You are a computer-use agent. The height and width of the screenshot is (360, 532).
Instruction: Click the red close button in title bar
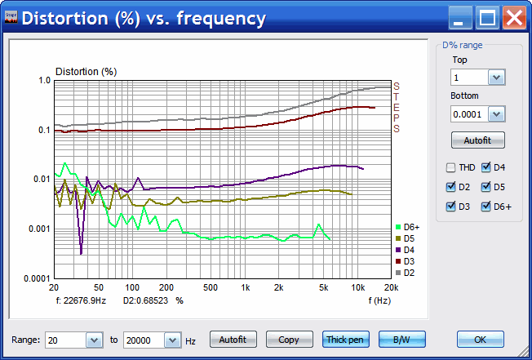pyautogui.click(x=513, y=17)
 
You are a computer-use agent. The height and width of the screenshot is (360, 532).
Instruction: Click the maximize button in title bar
pyautogui.click(x=488, y=17)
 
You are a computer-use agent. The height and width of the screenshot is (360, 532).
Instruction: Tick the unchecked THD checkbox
pyautogui.click(x=451, y=168)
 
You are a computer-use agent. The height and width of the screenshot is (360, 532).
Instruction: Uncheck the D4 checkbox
pyautogui.click(x=487, y=168)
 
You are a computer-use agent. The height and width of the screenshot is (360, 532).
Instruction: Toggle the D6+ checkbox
pyautogui.click(x=487, y=206)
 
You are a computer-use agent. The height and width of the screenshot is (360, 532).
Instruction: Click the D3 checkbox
pyautogui.click(x=451, y=206)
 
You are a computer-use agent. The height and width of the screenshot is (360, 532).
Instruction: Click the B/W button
pyautogui.click(x=400, y=339)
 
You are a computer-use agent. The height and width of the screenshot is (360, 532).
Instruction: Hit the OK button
pyautogui.click(x=480, y=339)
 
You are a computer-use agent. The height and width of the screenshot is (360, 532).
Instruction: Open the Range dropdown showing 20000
pyautogui.click(x=173, y=340)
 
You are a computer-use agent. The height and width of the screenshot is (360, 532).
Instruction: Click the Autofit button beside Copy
pyautogui.click(x=233, y=339)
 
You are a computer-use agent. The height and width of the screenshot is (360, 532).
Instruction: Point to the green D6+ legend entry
pyautogui.click(x=407, y=227)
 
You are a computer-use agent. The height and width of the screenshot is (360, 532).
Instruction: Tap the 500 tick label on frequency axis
pyautogui.click(x=211, y=288)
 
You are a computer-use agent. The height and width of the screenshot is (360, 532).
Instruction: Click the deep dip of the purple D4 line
pyautogui.click(x=81, y=253)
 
